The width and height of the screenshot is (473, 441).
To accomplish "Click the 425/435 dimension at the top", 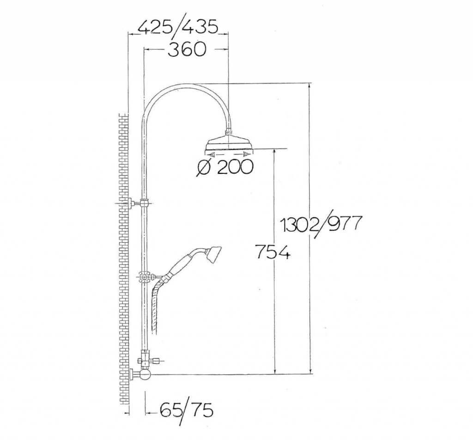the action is pos(178,28).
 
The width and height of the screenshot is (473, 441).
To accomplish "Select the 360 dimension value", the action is pos(187,49).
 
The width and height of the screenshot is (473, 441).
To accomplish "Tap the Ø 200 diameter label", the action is pos(225,167).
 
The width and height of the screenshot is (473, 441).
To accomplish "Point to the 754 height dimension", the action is pos(273,252).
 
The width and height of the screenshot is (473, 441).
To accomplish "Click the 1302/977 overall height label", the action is pos(321,224).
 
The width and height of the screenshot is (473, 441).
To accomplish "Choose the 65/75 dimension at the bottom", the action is pos(187,410).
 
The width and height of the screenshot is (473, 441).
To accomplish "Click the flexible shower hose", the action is pos(156,305).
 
